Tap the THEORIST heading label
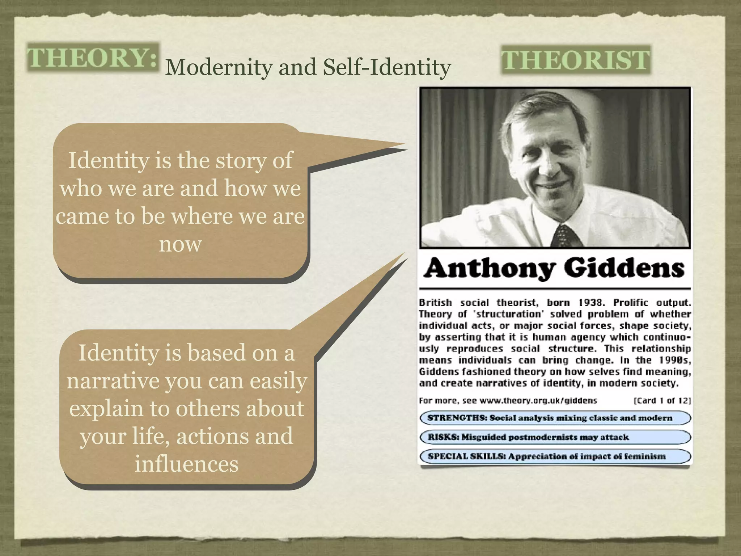[576, 60]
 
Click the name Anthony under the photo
[490, 269]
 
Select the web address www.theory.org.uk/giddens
[538, 401]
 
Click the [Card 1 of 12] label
[662, 401]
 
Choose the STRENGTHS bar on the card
[555, 418]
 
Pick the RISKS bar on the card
[555, 437]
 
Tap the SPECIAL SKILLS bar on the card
[555, 456]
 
